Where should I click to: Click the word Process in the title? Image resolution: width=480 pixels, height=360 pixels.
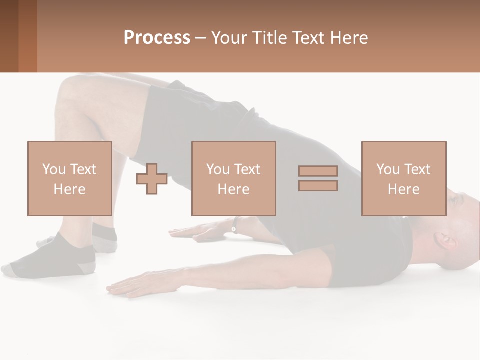coord(157,38)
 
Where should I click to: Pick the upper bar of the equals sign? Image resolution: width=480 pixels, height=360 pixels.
coord(318,171)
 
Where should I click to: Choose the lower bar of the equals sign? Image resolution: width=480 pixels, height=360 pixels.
coord(318,186)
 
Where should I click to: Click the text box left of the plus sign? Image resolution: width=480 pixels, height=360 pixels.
coord(69,178)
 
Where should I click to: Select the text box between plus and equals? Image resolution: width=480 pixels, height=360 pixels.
coord(233,178)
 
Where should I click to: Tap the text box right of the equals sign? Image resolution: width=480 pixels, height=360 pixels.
coord(403,178)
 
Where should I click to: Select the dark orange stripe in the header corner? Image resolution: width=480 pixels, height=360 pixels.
coord(28,36)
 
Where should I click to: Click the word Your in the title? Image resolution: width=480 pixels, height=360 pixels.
coord(229,38)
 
